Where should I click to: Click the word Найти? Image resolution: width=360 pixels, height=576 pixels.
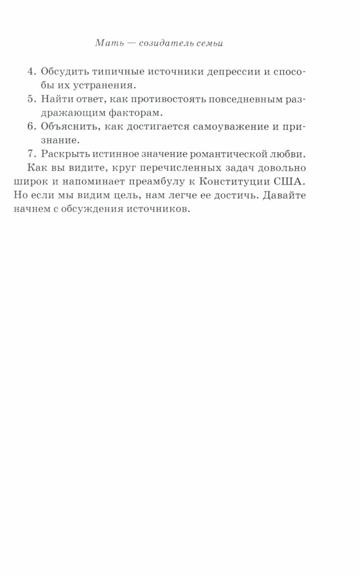tap(57, 99)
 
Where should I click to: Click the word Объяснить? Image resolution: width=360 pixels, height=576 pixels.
tap(69, 126)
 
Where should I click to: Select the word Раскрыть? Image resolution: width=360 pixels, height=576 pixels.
tap(64, 154)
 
